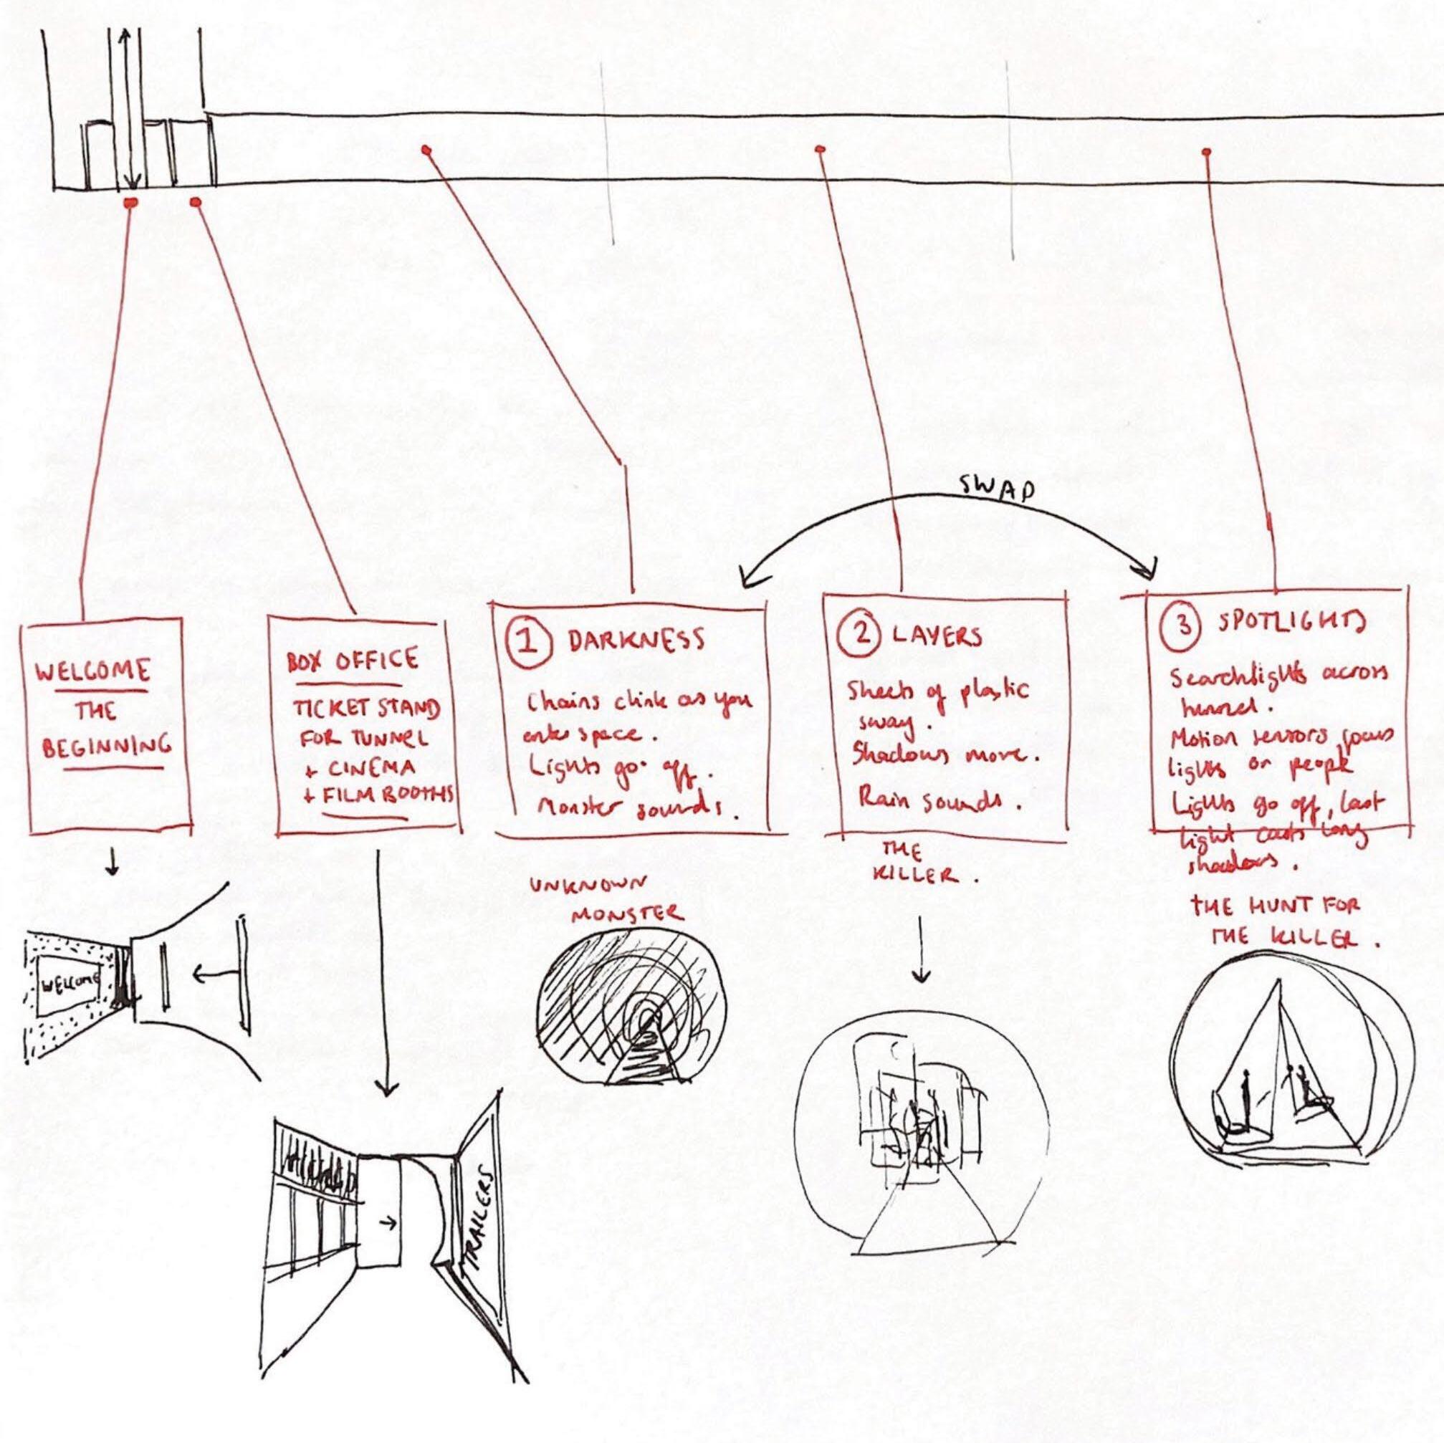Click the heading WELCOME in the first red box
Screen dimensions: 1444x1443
[92, 671]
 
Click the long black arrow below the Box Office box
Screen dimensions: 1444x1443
[386, 972]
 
